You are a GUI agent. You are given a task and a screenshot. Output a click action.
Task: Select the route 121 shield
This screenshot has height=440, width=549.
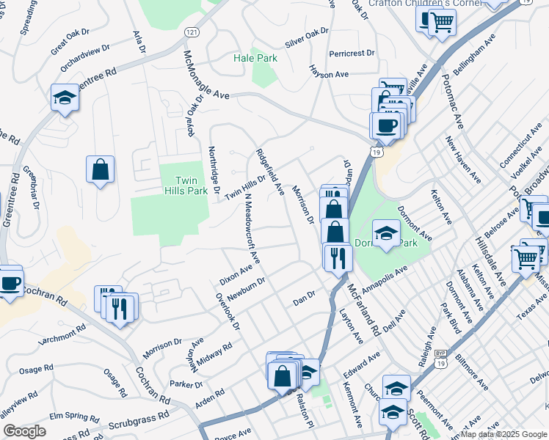point(191,33)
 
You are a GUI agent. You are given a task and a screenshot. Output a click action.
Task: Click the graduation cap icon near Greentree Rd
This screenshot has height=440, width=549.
point(65,98)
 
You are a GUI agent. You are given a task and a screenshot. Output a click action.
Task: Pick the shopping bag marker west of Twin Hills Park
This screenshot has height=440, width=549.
point(100,169)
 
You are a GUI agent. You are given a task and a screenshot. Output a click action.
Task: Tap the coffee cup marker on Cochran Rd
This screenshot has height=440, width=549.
point(10,284)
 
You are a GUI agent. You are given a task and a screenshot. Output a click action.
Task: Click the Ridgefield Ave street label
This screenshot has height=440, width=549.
point(269,172)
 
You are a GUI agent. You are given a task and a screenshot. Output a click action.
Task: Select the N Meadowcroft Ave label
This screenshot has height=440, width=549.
point(252,229)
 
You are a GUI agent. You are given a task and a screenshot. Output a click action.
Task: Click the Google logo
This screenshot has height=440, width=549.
point(24,431)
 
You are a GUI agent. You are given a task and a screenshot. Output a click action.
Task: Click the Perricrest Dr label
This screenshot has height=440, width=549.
point(352,54)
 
